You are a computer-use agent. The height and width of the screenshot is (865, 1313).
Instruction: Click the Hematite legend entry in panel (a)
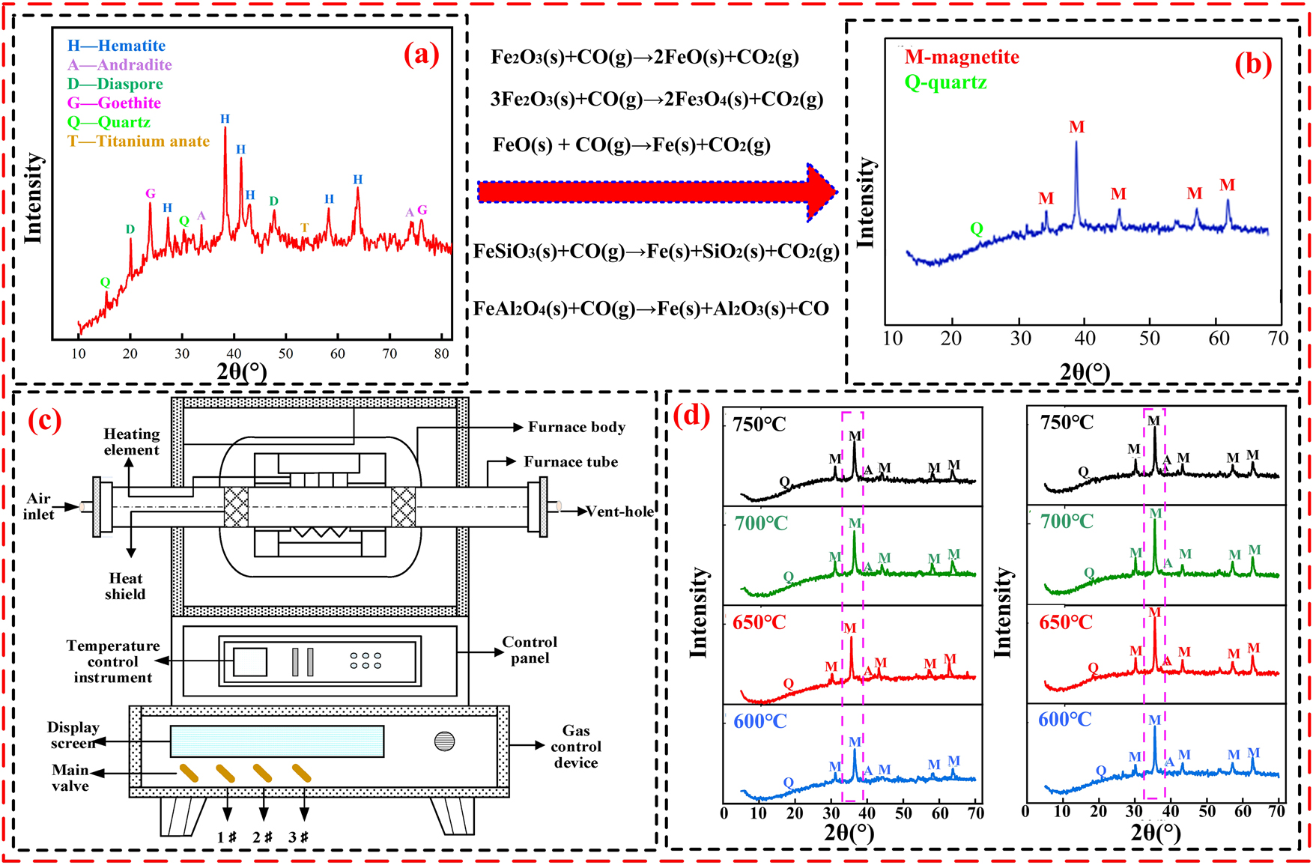[x=116, y=46]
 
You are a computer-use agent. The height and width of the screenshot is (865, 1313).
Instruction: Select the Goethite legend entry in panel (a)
[x=114, y=103]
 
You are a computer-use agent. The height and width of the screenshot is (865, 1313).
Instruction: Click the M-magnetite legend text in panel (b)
[x=962, y=58]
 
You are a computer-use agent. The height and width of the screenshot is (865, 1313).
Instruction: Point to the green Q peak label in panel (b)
[x=976, y=228]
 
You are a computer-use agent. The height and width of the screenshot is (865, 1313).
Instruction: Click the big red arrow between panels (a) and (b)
[x=656, y=192]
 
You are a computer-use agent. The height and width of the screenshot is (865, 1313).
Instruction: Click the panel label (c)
[x=44, y=420]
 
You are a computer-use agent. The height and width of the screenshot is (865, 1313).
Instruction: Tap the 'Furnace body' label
[x=576, y=427]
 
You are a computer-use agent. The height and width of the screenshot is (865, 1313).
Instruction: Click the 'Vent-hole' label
[x=619, y=512]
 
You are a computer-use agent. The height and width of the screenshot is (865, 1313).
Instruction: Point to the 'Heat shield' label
[x=125, y=586]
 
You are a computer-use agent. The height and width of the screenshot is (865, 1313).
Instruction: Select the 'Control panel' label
[x=530, y=649]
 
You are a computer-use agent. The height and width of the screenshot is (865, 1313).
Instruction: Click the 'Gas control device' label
[x=576, y=746]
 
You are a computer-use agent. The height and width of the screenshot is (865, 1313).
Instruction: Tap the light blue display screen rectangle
[x=277, y=741]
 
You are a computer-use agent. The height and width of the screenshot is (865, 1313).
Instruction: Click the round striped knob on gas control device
[x=444, y=741]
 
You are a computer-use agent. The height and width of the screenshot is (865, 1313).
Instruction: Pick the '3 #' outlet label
[x=299, y=837]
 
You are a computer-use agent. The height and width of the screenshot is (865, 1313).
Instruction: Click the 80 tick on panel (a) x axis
[x=442, y=353]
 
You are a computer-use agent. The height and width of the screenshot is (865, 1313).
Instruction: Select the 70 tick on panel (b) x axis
[x=1278, y=339]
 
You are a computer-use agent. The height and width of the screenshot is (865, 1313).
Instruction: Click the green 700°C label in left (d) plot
[x=761, y=523]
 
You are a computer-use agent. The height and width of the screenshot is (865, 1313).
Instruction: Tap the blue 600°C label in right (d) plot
[x=1064, y=720]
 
